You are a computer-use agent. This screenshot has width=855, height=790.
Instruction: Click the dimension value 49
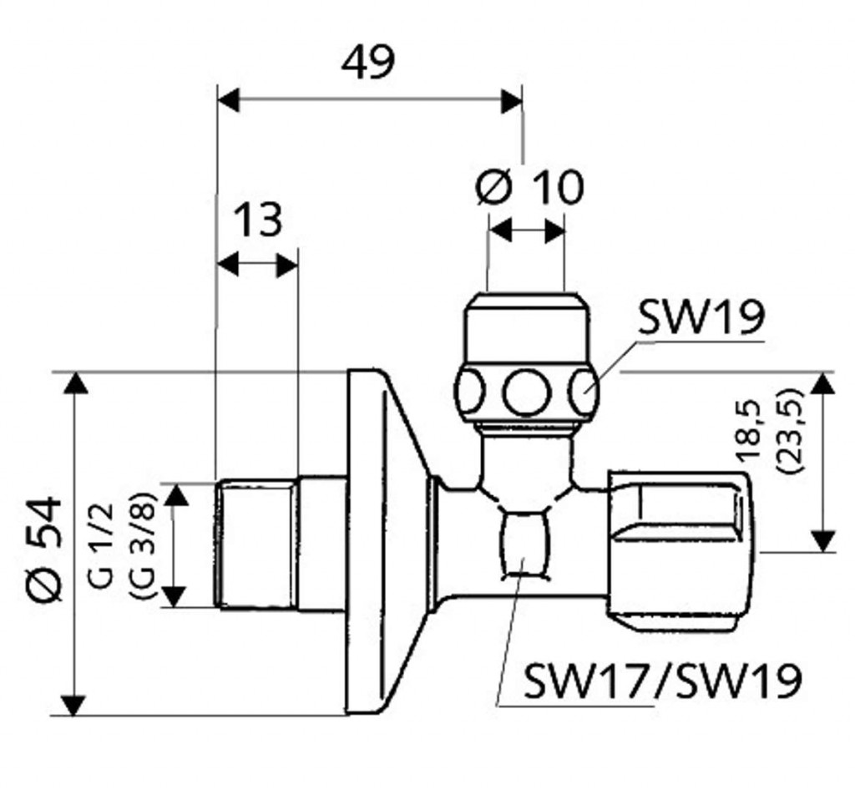tap(367, 63)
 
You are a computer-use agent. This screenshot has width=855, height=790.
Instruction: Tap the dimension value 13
tap(257, 220)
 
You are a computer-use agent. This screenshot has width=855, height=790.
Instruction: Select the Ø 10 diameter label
tap(529, 187)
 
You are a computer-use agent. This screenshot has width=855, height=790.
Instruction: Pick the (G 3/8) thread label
tap(139, 545)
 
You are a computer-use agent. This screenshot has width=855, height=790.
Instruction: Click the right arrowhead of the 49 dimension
tap(511, 101)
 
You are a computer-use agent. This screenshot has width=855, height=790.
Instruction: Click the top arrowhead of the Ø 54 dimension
tap(75, 384)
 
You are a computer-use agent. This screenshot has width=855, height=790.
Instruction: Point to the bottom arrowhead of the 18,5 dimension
tap(823, 539)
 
